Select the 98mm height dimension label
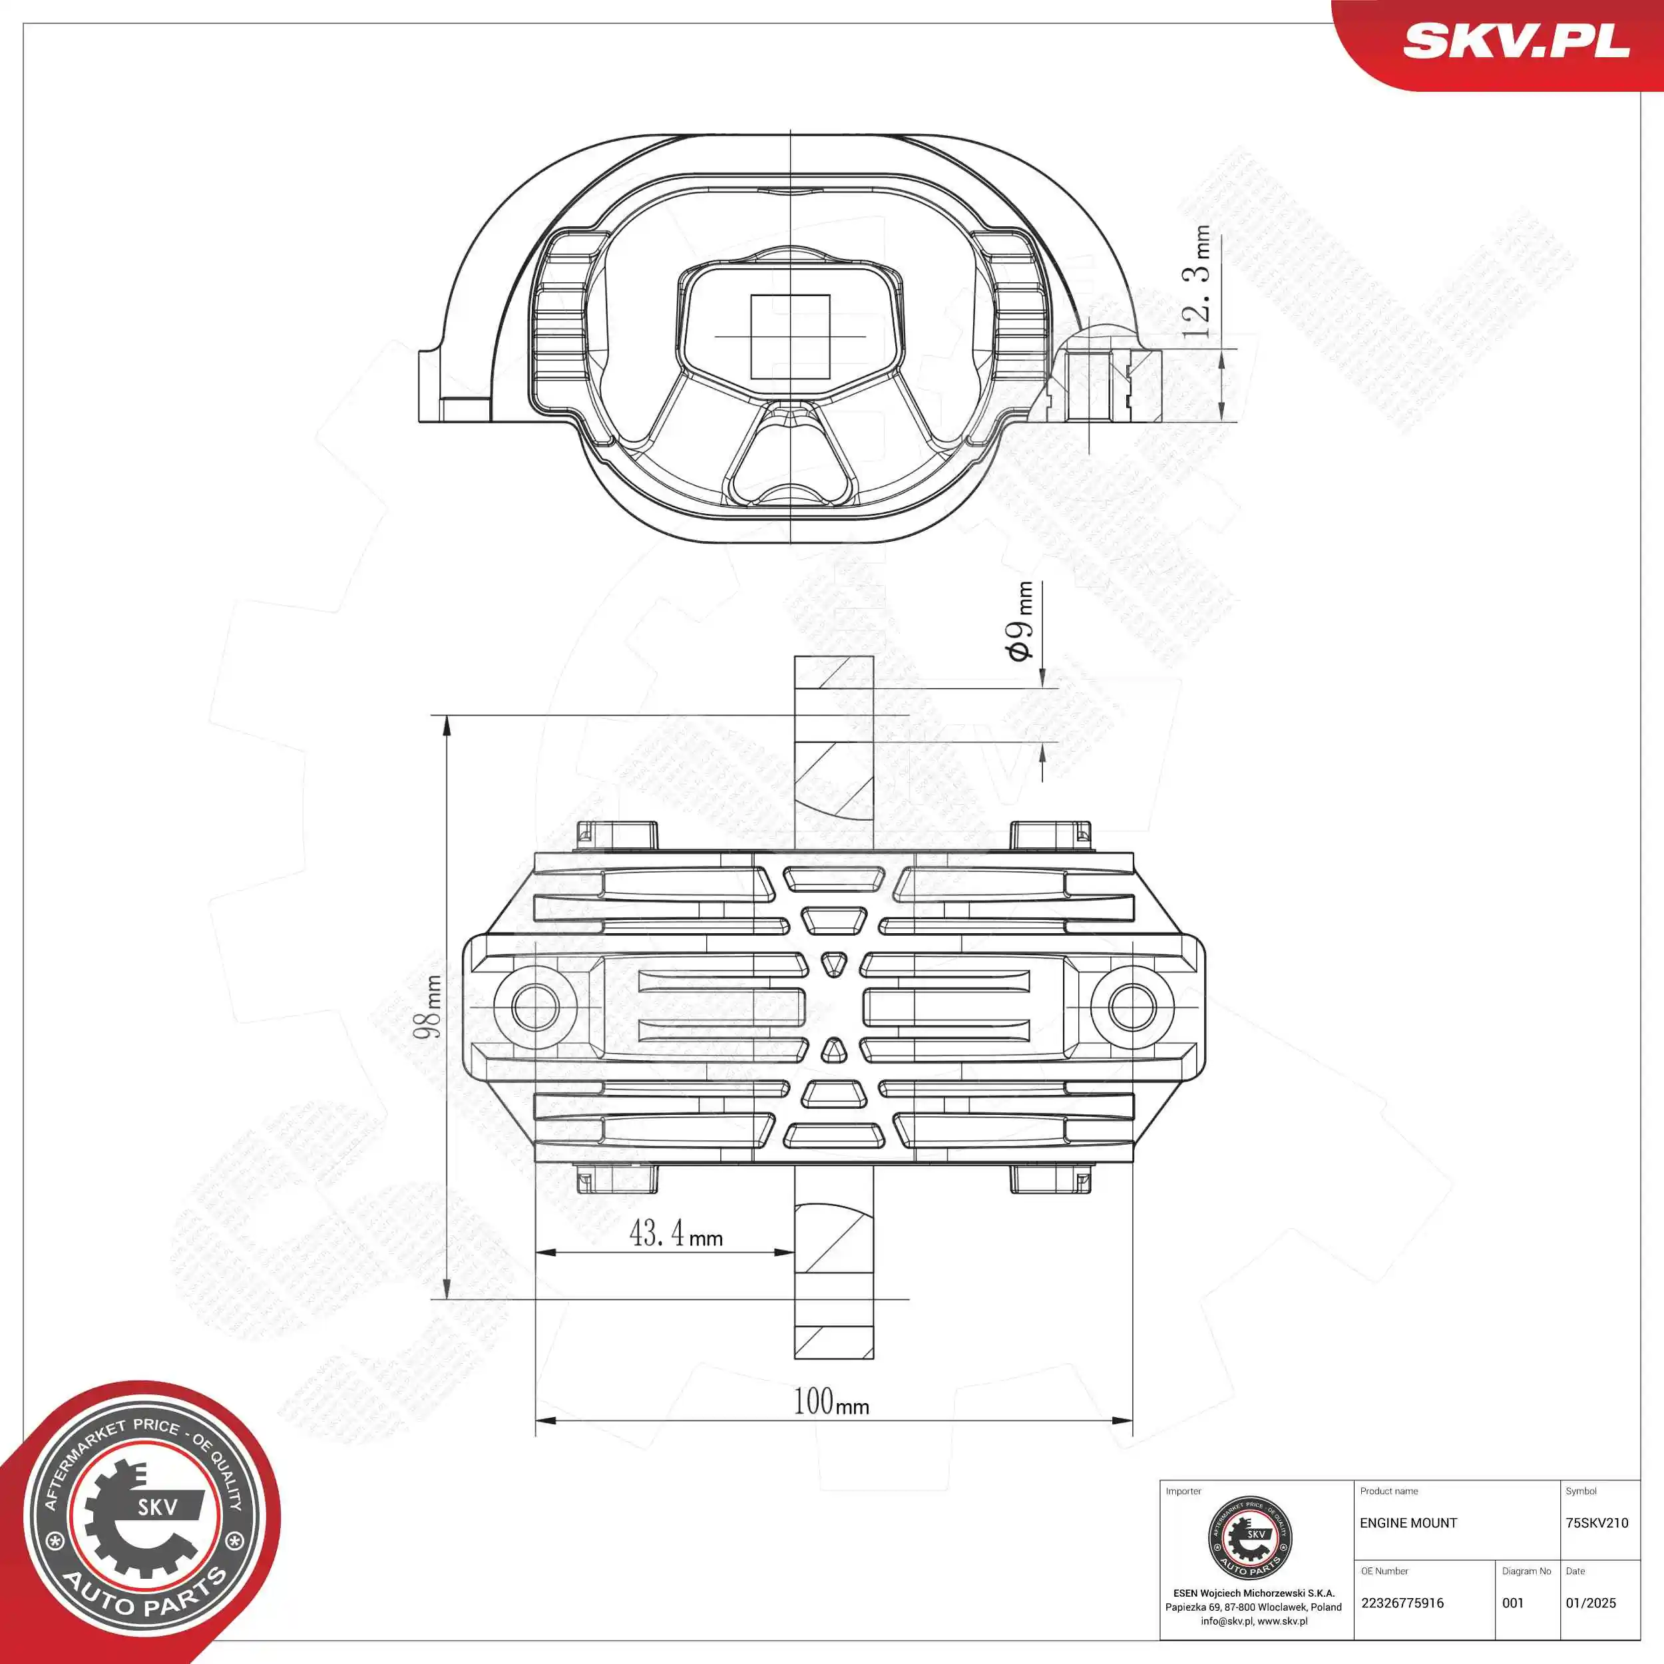coord(428,1006)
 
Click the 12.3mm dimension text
coord(1196,282)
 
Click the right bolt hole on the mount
coord(1132,1006)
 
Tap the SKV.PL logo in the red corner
coord(1516,41)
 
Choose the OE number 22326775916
coord(1402,1603)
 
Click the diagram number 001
coord(1512,1603)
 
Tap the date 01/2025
coord(1591,1603)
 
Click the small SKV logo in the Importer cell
coord(1251,1538)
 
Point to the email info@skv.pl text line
coord(1254,1621)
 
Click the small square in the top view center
coord(791,337)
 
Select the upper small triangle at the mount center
coord(833,963)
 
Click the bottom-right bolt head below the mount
coord(1050,1178)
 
